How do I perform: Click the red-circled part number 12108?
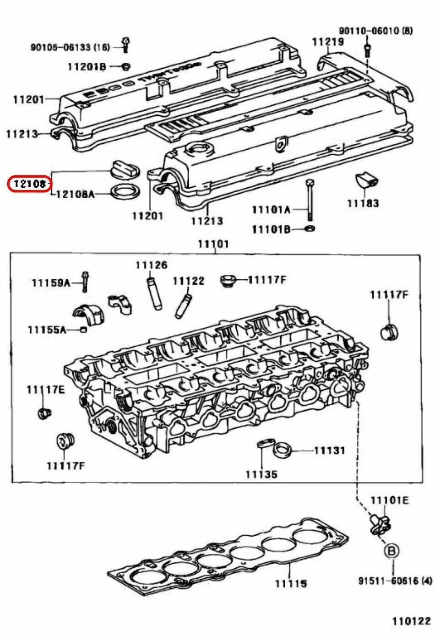29,184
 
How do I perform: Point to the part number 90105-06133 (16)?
70,47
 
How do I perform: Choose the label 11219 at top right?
327,42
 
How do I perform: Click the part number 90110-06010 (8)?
375,31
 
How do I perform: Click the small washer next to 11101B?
310,228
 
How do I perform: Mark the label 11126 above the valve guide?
151,265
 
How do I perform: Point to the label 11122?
188,281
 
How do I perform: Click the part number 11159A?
51,283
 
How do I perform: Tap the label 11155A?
47,329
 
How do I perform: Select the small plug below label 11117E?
43,413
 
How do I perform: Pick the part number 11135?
261,474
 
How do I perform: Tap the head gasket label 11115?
291,583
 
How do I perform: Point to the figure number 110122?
411,621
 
